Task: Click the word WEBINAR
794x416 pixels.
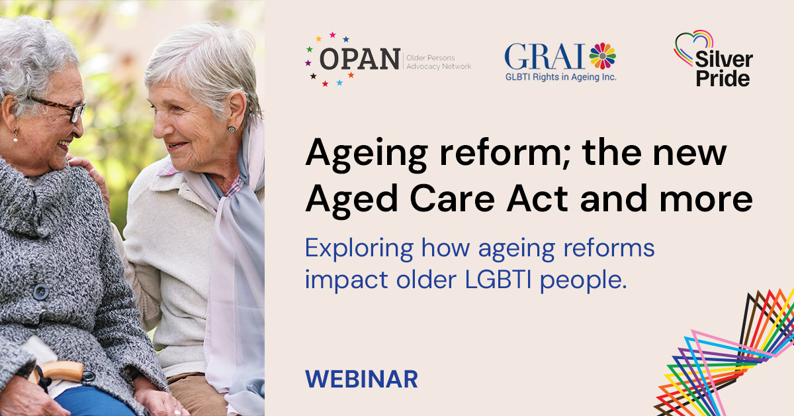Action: tap(361, 379)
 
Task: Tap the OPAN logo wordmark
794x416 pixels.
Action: tap(360, 59)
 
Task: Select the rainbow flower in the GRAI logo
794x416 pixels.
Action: tap(602, 56)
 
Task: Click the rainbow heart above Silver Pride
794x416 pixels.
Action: tap(693, 47)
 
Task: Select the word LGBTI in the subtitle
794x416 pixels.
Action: tap(498, 280)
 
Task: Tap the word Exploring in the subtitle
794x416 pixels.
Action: tap(359, 249)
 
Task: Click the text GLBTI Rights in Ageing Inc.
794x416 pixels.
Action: tap(561, 77)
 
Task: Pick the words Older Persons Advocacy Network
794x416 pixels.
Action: tap(439, 62)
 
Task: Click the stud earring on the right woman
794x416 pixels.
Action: tap(232, 129)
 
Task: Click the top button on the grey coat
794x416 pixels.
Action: tap(41, 292)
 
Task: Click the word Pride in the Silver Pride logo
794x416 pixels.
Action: tap(723, 78)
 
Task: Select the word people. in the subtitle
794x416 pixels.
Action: tap(584, 281)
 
